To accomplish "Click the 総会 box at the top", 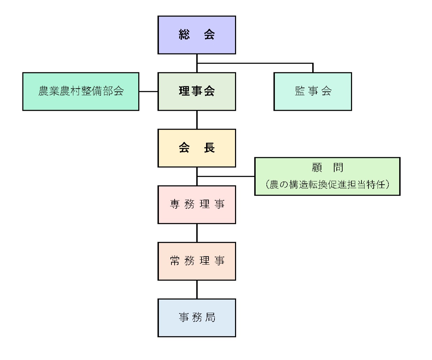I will pos(197,35).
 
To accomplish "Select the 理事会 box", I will pos(197,91).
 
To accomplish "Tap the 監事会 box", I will pos(313,91).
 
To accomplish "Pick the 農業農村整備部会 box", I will pos(81,91).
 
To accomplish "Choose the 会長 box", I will pos(197,148).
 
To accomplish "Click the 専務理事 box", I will pos(197,205).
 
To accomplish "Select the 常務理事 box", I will pos(197,261).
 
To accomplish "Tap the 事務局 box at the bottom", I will pos(197,318).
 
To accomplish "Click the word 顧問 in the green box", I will pos(327,168).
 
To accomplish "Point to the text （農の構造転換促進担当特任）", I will pos(327,184).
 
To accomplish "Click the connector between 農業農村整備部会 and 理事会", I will pos(148,91).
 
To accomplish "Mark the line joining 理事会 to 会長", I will pos(197,120).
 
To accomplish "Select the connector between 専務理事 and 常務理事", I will pos(197,233).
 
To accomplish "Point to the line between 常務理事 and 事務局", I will pos(197,289).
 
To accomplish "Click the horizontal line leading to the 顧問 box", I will pos(226,176).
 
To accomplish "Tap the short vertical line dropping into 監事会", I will pos(313,68).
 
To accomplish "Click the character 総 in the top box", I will pos(184,35).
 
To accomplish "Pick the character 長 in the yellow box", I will pos(209,148).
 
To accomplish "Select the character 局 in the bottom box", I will pos(210,318).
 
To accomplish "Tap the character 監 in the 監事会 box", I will pos(300,91).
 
